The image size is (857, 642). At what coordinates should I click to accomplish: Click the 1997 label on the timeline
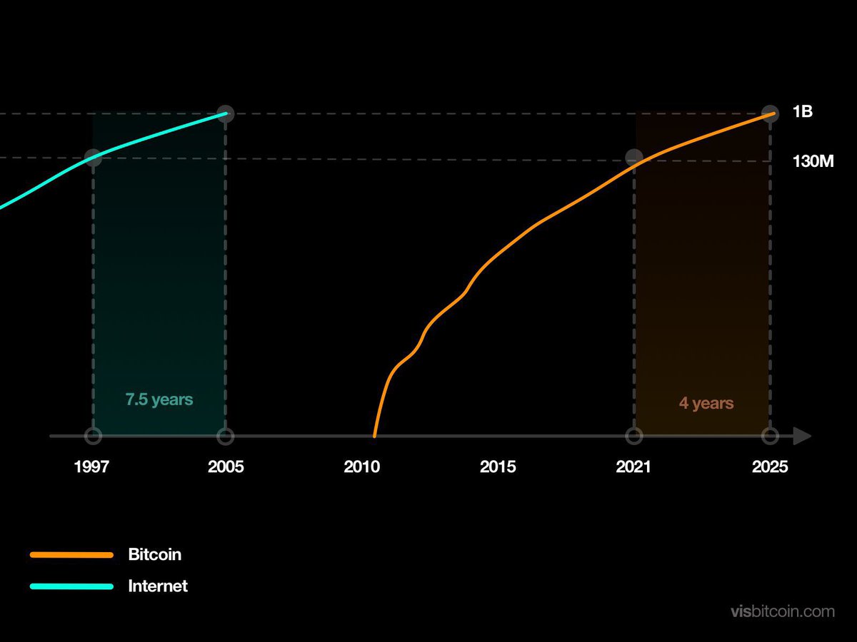coord(91,467)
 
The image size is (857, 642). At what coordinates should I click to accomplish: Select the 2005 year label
coord(226,467)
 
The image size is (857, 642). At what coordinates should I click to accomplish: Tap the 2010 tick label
coord(361,467)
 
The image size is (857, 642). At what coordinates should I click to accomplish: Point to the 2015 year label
coord(498,467)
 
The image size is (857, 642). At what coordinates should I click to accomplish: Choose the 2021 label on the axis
coord(633,467)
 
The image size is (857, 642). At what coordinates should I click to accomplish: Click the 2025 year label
coord(770,467)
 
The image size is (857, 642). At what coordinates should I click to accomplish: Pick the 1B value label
coord(803,112)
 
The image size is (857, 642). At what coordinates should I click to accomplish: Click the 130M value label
coord(813,162)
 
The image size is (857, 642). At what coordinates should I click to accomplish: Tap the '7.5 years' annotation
coord(159,399)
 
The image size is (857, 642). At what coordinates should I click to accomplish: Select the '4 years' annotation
coord(706,404)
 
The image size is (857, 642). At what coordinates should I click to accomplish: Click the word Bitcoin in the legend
coord(154,554)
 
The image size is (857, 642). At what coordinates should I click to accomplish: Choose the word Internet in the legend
coord(158,586)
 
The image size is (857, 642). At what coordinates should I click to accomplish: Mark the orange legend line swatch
coord(71,555)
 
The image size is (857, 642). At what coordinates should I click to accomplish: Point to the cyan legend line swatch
coord(71,587)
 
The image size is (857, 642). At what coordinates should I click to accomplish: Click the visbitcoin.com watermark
coord(783,611)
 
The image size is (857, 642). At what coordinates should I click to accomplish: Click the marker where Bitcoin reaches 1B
coord(770,113)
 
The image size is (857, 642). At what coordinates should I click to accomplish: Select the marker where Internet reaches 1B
coord(226,113)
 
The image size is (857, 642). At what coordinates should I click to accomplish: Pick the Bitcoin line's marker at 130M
coord(634,158)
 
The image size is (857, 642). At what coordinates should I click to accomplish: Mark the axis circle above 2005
coord(226,436)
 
